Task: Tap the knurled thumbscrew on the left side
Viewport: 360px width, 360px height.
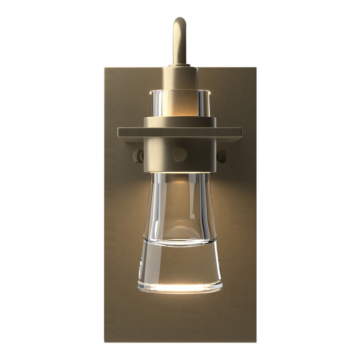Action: coord(138,156)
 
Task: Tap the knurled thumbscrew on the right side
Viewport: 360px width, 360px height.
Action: coord(222,156)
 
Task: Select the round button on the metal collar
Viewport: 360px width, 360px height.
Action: coord(180,154)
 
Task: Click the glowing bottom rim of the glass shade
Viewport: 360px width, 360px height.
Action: coord(180,288)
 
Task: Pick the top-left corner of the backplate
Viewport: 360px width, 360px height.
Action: coord(105,68)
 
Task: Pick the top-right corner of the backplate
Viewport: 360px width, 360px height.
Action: coord(255,68)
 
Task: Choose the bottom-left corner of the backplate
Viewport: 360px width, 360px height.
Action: coord(105,341)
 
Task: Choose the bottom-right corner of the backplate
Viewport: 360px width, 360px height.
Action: coord(255,341)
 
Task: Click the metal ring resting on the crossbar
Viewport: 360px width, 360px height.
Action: coord(180,122)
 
